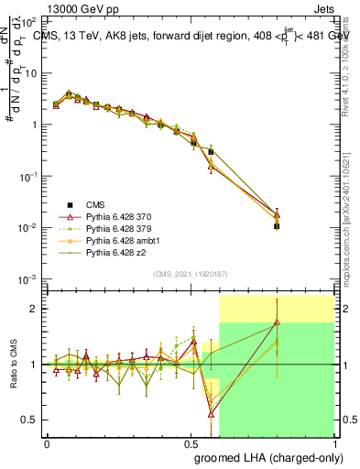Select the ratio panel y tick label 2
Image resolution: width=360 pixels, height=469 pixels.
click(35, 309)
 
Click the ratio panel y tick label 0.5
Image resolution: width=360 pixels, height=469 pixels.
click(29, 420)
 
